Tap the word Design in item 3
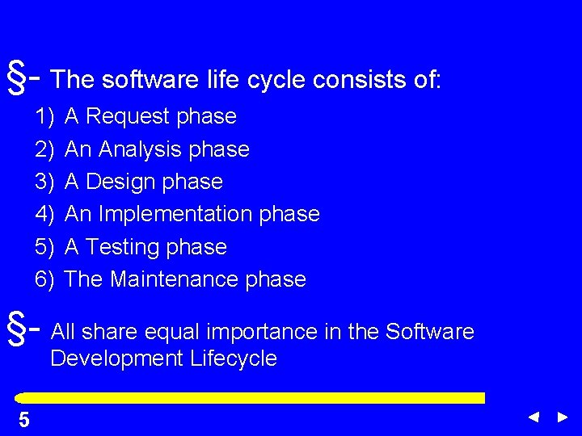click(x=120, y=182)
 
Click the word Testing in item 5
click(x=124, y=246)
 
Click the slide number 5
click(x=24, y=420)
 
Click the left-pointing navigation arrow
click(x=533, y=417)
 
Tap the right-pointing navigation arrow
click(x=563, y=417)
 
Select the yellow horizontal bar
click(x=251, y=398)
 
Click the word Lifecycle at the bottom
click(x=234, y=358)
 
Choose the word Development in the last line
click(x=118, y=358)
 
